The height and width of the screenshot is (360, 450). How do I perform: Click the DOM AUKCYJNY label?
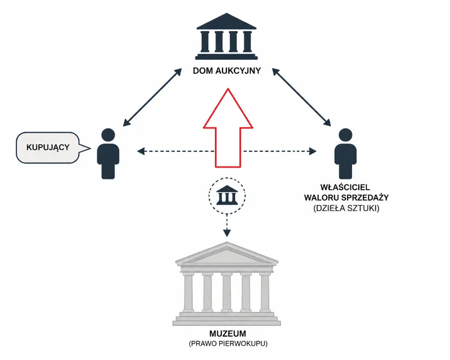click(x=227, y=71)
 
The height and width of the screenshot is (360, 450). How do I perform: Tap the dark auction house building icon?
click(x=226, y=36)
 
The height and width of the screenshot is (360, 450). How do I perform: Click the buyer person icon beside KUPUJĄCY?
click(x=108, y=153)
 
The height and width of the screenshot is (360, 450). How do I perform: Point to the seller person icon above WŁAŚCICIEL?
click(x=346, y=153)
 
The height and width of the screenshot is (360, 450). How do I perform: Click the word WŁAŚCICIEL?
click(x=345, y=187)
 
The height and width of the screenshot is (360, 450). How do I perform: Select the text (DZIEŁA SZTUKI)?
click(x=347, y=208)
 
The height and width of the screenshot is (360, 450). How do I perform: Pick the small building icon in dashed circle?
click(x=227, y=195)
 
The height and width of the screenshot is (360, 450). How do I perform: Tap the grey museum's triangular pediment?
click(x=227, y=254)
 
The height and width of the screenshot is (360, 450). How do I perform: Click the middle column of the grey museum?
click(x=227, y=292)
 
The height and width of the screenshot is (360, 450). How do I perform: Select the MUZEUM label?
click(x=227, y=333)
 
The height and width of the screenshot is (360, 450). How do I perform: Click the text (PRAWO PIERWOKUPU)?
click(x=228, y=343)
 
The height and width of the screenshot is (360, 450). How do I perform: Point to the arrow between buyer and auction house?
click(x=152, y=97)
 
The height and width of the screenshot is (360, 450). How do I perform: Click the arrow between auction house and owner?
click(x=301, y=97)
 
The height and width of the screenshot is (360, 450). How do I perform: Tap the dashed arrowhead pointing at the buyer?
click(x=140, y=151)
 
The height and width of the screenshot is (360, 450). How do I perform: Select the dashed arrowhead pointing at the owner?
click(x=313, y=151)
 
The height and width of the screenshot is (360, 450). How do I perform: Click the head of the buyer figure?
click(x=108, y=135)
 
